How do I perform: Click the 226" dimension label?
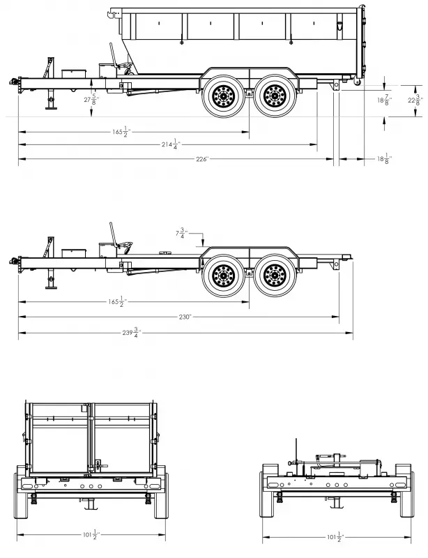click(202, 159)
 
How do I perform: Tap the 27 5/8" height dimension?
click(91, 100)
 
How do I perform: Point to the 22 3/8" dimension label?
click(416, 100)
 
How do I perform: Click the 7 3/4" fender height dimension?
click(181, 234)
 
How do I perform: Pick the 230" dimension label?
click(184, 316)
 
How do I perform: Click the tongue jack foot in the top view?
click(49, 108)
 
